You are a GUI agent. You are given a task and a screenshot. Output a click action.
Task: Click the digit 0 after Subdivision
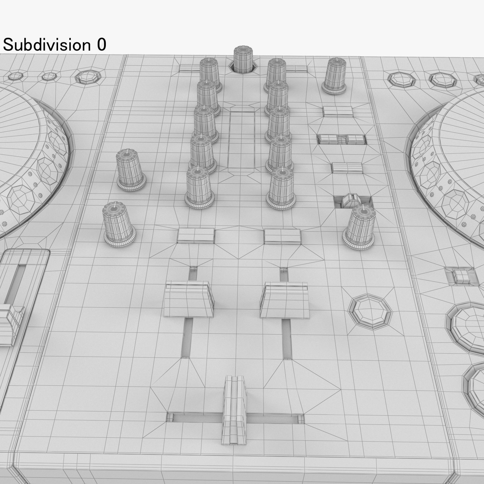101,45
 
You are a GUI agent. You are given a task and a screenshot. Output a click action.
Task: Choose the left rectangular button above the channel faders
195,235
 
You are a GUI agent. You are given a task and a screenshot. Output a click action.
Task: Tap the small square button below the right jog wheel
461,276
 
